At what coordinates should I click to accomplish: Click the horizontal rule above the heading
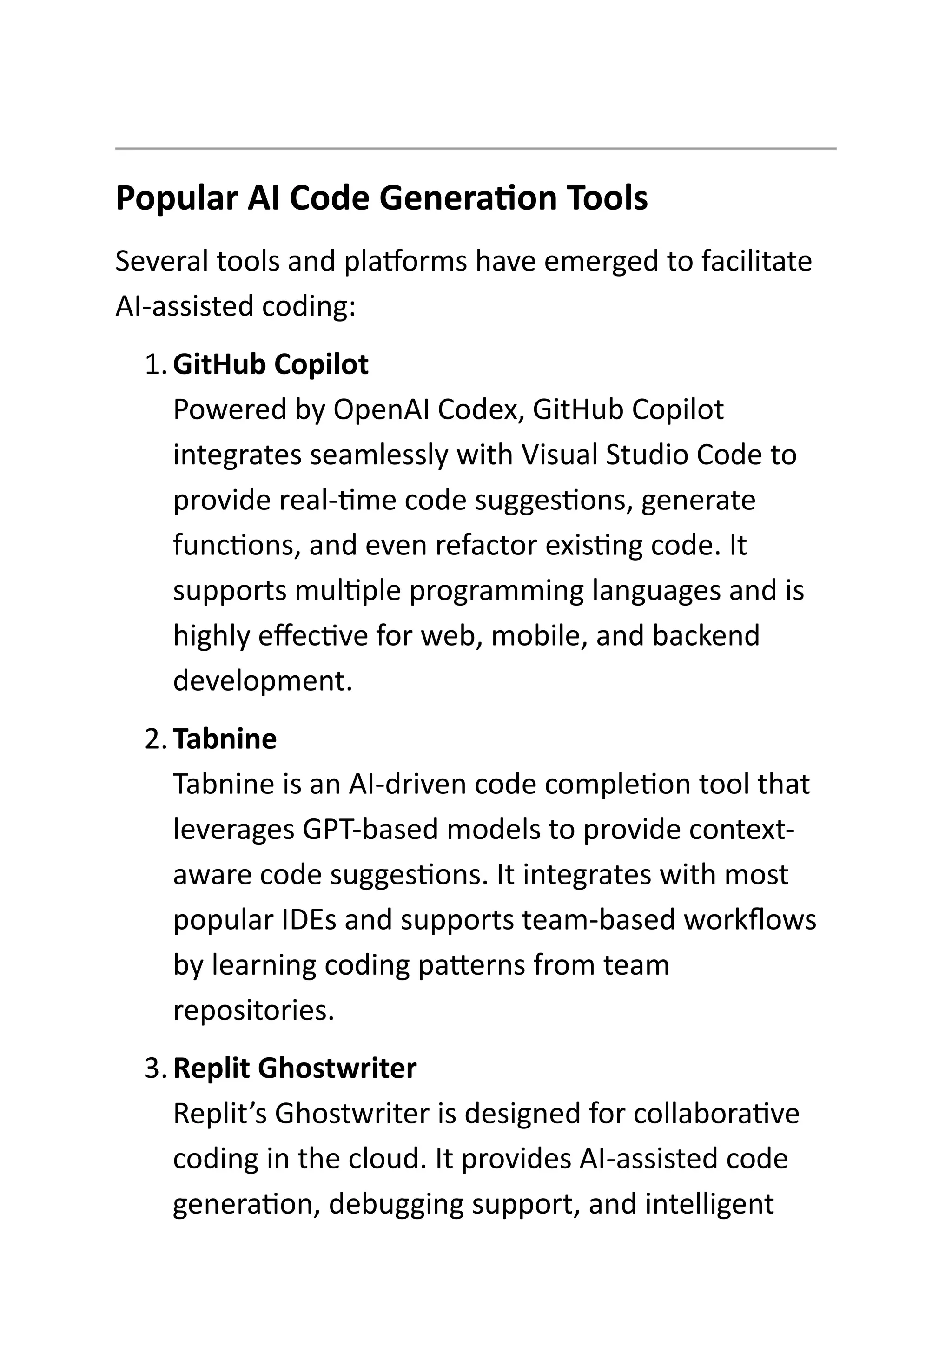coord(476,149)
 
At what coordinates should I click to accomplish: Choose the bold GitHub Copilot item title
coord(271,365)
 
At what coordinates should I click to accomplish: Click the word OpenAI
coord(382,410)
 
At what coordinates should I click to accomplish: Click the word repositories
coord(254,1010)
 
